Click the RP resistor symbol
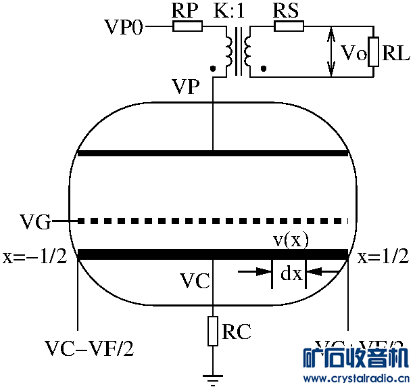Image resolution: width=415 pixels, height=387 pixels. tap(187, 26)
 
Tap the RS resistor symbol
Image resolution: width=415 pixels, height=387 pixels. tap(289, 26)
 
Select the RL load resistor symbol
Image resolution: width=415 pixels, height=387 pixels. tap(372, 52)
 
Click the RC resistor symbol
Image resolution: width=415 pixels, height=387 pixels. tap(213, 331)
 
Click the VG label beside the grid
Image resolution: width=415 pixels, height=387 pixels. tap(34, 221)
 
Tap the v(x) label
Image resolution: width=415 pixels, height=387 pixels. tap(291, 240)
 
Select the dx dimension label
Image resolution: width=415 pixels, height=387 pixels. tap(291, 273)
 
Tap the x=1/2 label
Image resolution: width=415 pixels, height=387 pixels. tap(383, 257)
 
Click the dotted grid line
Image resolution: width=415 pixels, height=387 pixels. tap(213, 221)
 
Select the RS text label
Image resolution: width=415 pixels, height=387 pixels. tap(289, 11)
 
